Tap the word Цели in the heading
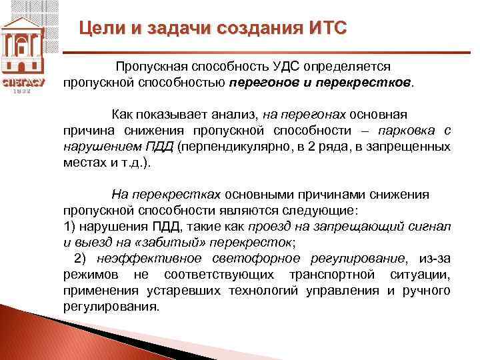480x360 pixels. (x=101, y=29)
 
